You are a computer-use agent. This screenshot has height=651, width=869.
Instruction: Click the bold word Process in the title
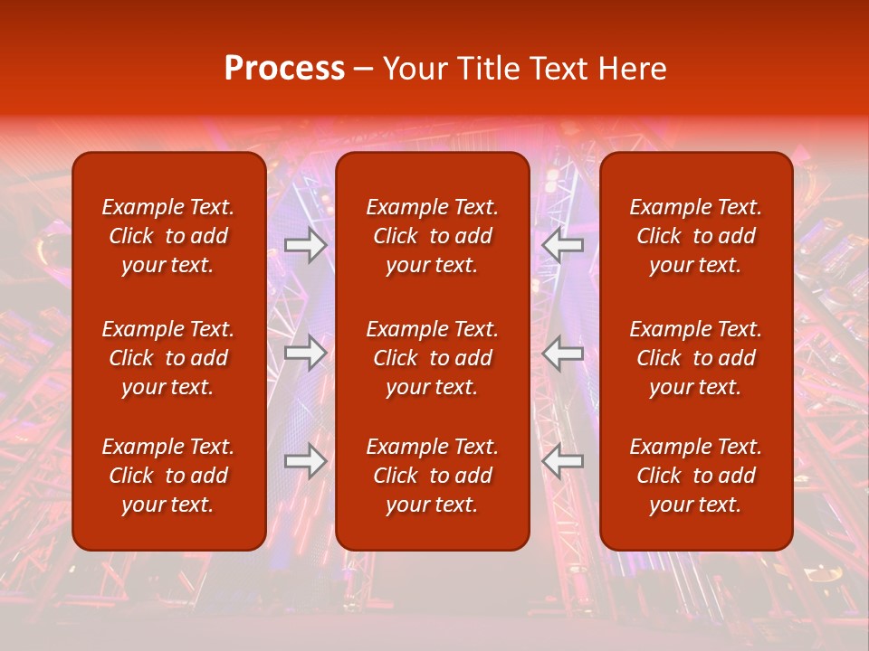pos(284,69)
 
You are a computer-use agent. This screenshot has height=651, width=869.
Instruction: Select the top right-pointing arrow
pos(305,245)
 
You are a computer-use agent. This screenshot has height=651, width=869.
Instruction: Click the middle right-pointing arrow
pos(305,353)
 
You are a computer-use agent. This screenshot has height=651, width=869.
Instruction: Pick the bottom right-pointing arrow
pos(305,461)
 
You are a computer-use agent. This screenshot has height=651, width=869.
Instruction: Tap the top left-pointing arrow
pos(563,245)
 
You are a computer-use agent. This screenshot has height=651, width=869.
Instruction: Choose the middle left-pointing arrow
pos(563,353)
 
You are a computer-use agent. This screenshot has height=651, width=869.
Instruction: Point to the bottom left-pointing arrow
pos(563,461)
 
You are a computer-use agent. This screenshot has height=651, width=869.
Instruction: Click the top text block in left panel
pos(168,236)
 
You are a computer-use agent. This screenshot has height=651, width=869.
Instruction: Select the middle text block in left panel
pos(168,358)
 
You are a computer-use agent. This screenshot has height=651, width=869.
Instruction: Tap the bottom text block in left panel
pos(168,476)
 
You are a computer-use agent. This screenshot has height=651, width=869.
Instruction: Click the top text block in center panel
pos(433,236)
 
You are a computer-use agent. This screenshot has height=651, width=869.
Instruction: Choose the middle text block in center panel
pos(433,358)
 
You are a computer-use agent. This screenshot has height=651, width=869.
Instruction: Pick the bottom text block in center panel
pos(433,476)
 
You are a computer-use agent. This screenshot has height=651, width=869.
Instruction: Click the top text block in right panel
pos(696,236)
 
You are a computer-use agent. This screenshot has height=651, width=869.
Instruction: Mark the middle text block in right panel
pos(696,358)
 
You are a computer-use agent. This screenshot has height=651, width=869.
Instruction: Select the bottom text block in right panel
pos(696,476)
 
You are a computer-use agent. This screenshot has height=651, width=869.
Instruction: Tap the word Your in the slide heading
pos(414,69)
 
